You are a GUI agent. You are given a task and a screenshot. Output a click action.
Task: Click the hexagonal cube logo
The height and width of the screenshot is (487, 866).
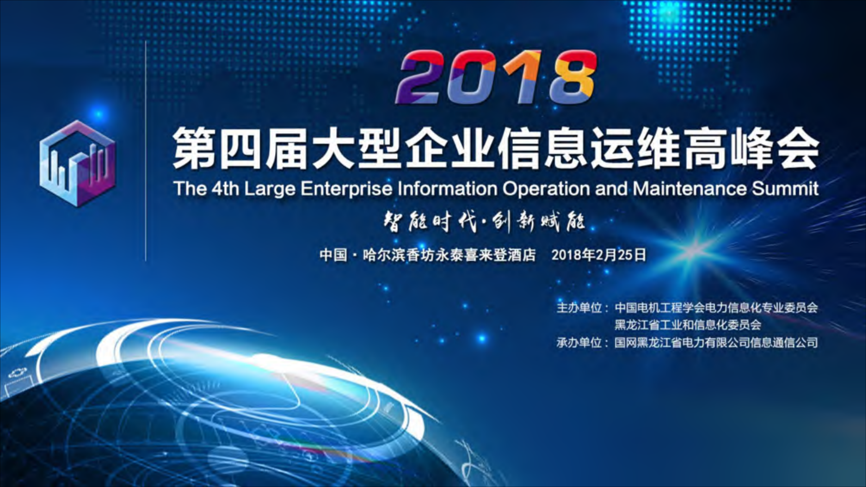tap(77, 164)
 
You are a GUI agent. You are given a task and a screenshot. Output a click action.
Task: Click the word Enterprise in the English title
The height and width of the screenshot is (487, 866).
tap(346, 189)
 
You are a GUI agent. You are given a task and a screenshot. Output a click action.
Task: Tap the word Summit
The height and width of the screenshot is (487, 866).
tap(785, 189)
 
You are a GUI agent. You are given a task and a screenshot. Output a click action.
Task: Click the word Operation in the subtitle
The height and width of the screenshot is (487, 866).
tap(546, 189)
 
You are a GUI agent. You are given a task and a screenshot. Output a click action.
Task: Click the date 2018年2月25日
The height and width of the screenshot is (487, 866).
tap(599, 255)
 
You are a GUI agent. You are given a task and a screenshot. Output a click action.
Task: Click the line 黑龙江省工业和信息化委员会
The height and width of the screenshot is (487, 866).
tap(688, 325)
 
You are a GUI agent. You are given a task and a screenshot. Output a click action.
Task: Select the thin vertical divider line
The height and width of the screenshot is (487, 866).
tap(146, 151)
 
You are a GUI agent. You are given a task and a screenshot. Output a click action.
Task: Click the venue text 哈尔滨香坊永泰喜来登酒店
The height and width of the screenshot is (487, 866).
tap(449, 255)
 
